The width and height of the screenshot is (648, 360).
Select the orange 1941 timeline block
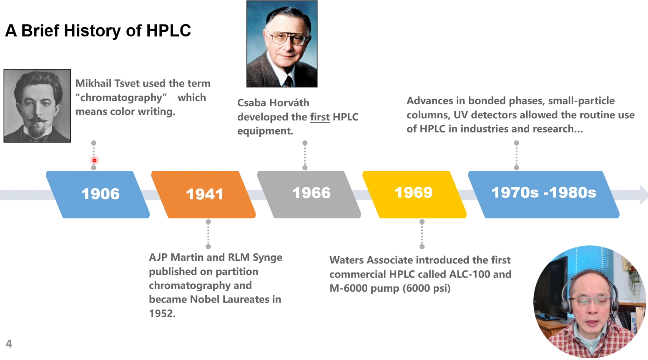(204, 194)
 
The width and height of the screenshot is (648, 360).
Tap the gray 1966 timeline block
(310, 193)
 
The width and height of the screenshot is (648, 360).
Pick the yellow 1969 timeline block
(414, 193)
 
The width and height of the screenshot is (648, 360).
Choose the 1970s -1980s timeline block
(543, 193)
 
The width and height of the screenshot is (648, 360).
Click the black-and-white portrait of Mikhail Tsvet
(37, 106)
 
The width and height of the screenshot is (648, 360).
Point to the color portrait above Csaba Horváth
(282, 44)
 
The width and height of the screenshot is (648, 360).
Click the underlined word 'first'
(320, 117)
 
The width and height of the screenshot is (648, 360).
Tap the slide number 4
(9, 344)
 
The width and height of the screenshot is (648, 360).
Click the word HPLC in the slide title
(168, 31)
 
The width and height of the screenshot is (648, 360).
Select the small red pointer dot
(95, 160)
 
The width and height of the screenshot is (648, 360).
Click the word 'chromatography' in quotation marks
(121, 98)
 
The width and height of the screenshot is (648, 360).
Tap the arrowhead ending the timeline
(644, 195)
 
